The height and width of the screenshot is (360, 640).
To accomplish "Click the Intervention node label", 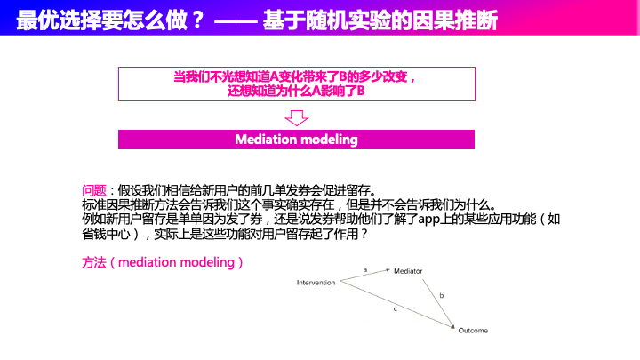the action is (316, 283).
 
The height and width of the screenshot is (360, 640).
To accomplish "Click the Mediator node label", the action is (408, 271).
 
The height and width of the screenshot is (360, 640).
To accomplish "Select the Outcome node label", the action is (473, 331).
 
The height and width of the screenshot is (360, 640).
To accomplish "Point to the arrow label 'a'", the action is (364, 268).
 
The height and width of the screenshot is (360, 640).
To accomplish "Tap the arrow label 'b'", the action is (441, 294).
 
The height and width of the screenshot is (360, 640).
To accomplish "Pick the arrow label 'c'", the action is (395, 308).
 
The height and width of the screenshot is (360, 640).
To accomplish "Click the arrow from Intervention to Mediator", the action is (364, 276).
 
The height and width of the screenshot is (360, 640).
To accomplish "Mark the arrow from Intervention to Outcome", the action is (396, 302).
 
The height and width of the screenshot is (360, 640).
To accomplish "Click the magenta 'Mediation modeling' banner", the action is (297, 140).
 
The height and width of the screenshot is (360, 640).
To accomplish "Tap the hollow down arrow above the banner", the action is (297, 118).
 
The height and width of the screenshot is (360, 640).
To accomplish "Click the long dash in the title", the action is (237, 19).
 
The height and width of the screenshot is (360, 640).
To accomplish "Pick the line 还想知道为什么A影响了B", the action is (297, 91).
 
